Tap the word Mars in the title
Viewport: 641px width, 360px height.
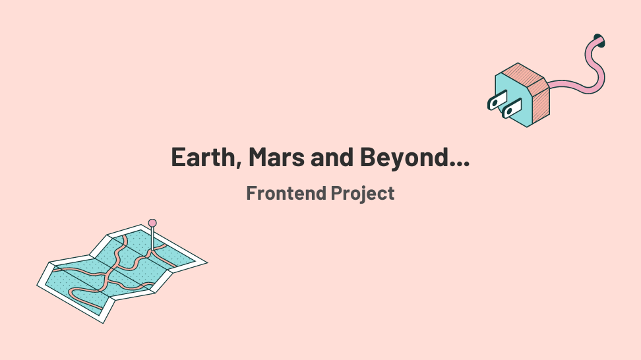[x=277, y=157]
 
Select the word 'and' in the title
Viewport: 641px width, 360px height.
[x=332, y=157]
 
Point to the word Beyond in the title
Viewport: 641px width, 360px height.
[x=404, y=158]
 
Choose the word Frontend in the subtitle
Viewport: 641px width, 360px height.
[x=286, y=193]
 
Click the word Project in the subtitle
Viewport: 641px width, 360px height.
[x=363, y=194]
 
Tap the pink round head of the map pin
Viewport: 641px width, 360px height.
[x=152, y=223]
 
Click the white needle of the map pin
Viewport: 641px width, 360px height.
[x=152, y=239]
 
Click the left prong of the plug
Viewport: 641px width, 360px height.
[x=497, y=100]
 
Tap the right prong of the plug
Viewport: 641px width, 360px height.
[x=512, y=108]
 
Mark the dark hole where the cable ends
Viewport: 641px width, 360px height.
[x=599, y=40]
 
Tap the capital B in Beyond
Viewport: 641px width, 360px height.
[x=368, y=157]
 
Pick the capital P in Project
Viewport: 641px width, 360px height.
[x=337, y=193]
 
